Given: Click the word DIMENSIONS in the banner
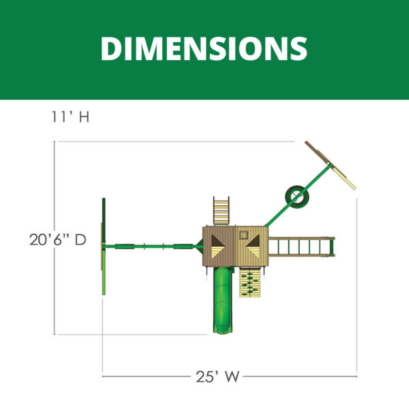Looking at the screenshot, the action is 204,48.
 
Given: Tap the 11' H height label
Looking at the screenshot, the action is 70,117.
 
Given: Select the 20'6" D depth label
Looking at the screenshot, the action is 58,240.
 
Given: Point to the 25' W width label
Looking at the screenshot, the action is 217,376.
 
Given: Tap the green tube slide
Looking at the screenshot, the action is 222,300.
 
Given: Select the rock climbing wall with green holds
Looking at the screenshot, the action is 250,282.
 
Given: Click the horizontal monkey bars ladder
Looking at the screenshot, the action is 301,247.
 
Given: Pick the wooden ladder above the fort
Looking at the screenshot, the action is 221,211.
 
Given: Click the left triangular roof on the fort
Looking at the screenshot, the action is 217,247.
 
